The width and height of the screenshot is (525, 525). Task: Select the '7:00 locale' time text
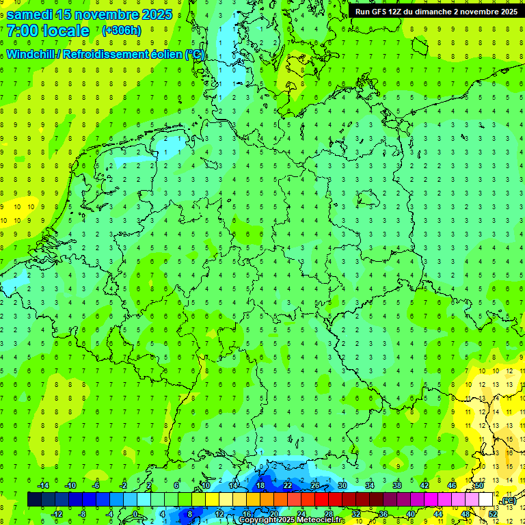pyautogui.click(x=48, y=31)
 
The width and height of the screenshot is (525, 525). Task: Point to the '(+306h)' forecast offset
pyautogui.click(x=121, y=31)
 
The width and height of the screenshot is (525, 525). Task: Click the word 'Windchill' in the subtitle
pyautogui.click(x=31, y=55)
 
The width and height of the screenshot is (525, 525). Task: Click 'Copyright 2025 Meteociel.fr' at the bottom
pyautogui.click(x=291, y=520)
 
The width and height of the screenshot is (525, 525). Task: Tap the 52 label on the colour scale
pyautogui.click(x=493, y=514)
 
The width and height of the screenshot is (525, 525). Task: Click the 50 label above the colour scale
pyautogui.click(x=479, y=485)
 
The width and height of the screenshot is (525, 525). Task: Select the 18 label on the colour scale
pyautogui.click(x=260, y=485)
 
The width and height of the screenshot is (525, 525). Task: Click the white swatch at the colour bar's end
pyautogui.click(x=486, y=500)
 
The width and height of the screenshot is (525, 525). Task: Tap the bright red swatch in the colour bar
pyautogui.click(x=321, y=500)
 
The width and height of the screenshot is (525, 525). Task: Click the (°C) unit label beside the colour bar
pyautogui.click(x=508, y=501)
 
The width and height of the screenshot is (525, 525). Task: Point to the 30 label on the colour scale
pyautogui.click(x=342, y=485)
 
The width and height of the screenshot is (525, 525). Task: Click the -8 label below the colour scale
pyautogui.click(x=82, y=514)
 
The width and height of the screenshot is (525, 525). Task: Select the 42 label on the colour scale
pyautogui.click(x=424, y=485)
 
